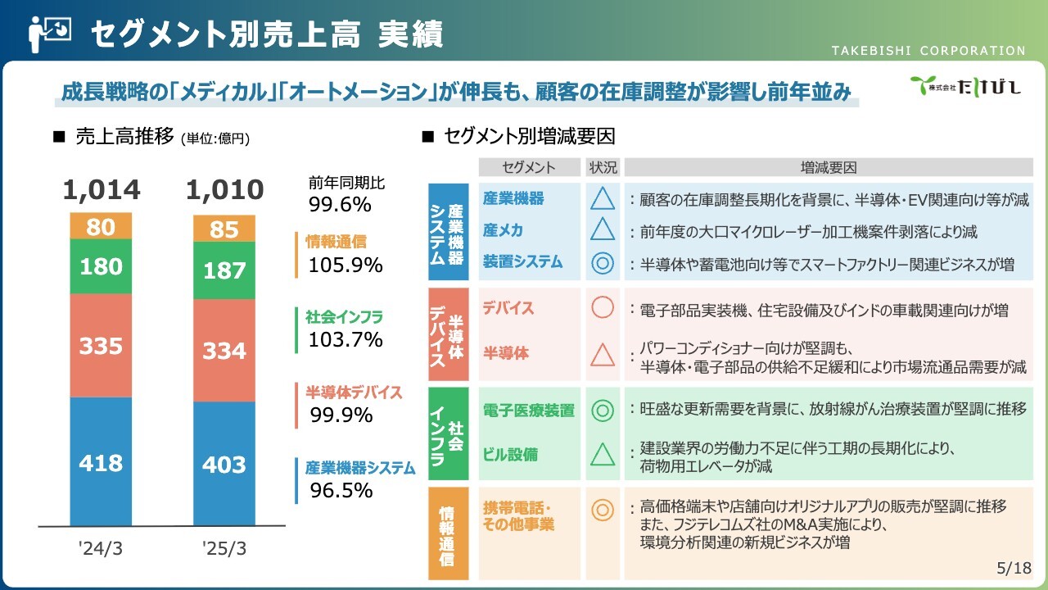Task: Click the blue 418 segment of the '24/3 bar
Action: click(101, 461)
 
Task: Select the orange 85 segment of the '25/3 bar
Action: click(224, 229)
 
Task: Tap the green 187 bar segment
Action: click(224, 270)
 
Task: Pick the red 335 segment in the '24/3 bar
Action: click(101, 346)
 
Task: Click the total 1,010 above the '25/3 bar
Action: click(224, 189)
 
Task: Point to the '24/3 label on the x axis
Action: click(101, 548)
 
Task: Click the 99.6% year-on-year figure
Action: click(340, 205)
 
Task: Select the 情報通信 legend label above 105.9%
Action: click(336, 242)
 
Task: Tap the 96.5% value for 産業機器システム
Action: click(341, 490)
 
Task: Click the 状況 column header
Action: click(603, 167)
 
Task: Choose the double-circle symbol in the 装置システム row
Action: click(603, 263)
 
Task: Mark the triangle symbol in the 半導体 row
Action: click(603, 355)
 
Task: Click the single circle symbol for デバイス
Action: click(603, 307)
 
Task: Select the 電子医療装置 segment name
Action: click(528, 411)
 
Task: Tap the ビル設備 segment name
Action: click(510, 454)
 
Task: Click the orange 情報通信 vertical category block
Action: click(448, 533)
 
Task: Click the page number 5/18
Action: click(1014, 568)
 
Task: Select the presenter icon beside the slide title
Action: click(50, 34)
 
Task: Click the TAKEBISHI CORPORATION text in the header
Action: click(928, 51)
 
